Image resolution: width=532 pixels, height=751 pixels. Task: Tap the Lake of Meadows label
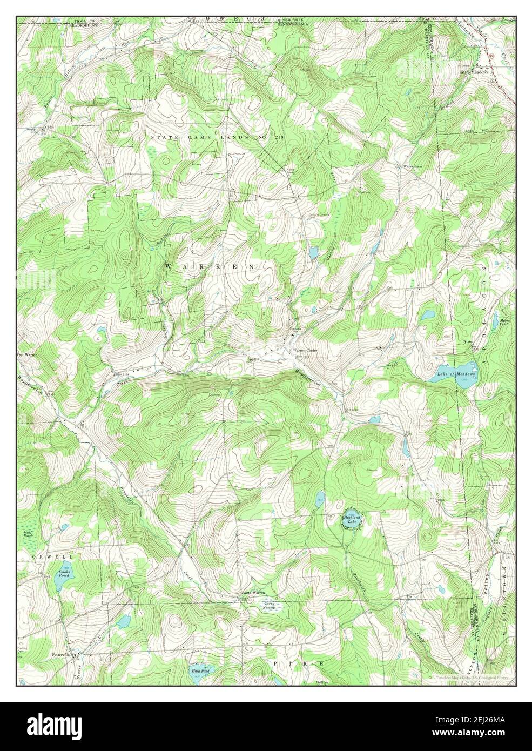[456, 374]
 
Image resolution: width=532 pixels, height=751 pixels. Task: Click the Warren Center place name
[306, 350]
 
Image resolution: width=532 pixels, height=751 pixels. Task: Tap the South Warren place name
[254, 593]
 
